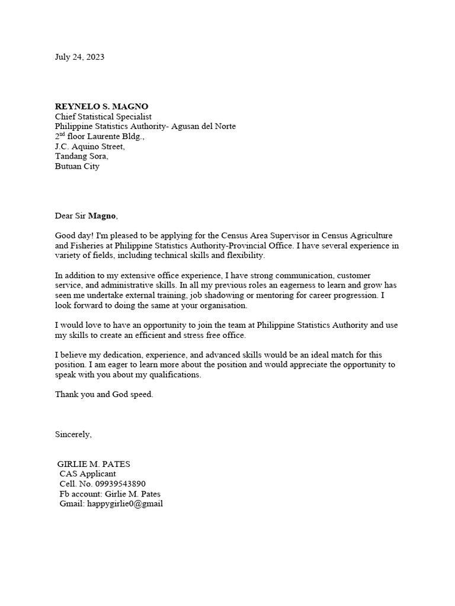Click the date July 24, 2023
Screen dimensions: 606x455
point(79,57)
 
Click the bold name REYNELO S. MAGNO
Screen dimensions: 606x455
point(101,107)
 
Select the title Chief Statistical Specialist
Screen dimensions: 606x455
point(103,117)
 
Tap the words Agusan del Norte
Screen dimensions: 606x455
point(203,127)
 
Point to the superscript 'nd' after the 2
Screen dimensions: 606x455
point(64,134)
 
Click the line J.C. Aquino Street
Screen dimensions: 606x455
point(89,146)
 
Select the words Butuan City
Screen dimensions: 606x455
point(77,166)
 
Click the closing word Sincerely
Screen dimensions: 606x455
point(73,434)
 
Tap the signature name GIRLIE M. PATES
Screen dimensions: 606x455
point(94,464)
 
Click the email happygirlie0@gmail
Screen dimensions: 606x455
point(124,504)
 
